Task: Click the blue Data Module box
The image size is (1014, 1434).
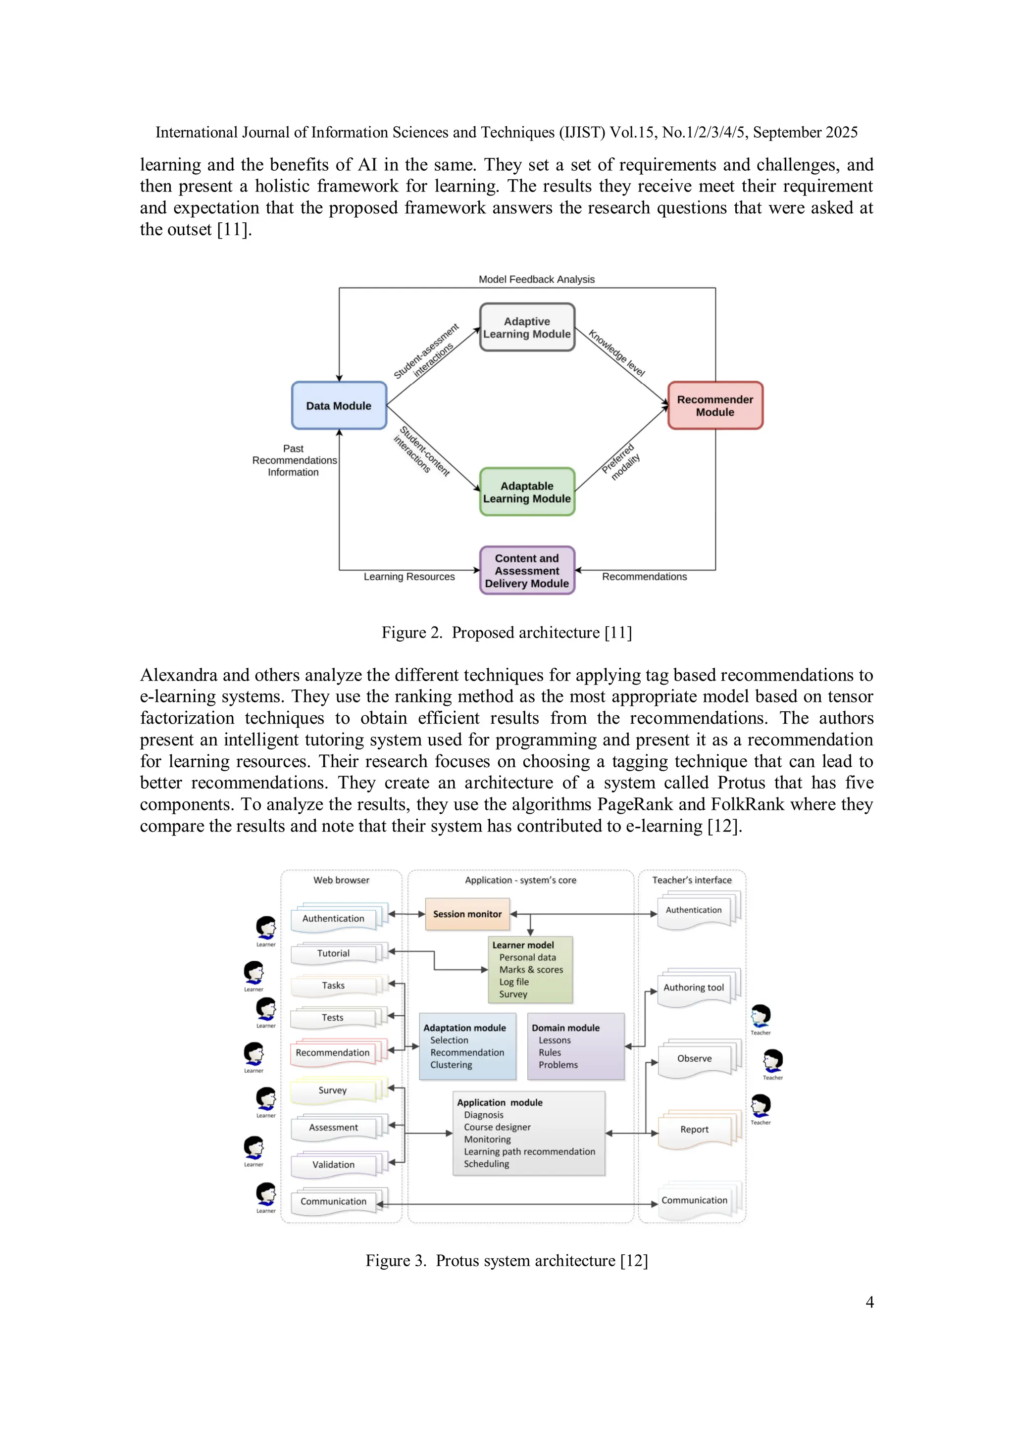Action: (339, 405)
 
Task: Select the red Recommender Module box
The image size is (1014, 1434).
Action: (715, 405)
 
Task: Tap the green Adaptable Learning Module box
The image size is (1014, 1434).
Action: (527, 492)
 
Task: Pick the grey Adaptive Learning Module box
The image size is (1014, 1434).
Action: (527, 327)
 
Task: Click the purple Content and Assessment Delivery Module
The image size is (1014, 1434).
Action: (527, 570)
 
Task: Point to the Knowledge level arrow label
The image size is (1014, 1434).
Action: (616, 353)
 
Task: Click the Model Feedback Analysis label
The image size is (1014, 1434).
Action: (536, 279)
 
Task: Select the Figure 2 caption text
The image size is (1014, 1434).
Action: (507, 633)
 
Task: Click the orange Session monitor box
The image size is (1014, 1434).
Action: (467, 914)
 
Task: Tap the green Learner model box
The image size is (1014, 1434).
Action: (530, 969)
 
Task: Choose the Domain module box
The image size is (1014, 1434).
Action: (575, 1046)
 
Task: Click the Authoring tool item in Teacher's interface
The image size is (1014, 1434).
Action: (694, 988)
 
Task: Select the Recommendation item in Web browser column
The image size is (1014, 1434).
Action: (332, 1052)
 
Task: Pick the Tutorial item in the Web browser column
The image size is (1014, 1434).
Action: (333, 953)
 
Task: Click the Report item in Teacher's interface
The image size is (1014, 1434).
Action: (694, 1129)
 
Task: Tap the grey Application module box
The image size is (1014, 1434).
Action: (529, 1133)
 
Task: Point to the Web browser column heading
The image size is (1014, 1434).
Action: (341, 880)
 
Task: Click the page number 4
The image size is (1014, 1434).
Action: (869, 1302)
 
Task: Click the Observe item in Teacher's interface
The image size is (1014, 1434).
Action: (694, 1058)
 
